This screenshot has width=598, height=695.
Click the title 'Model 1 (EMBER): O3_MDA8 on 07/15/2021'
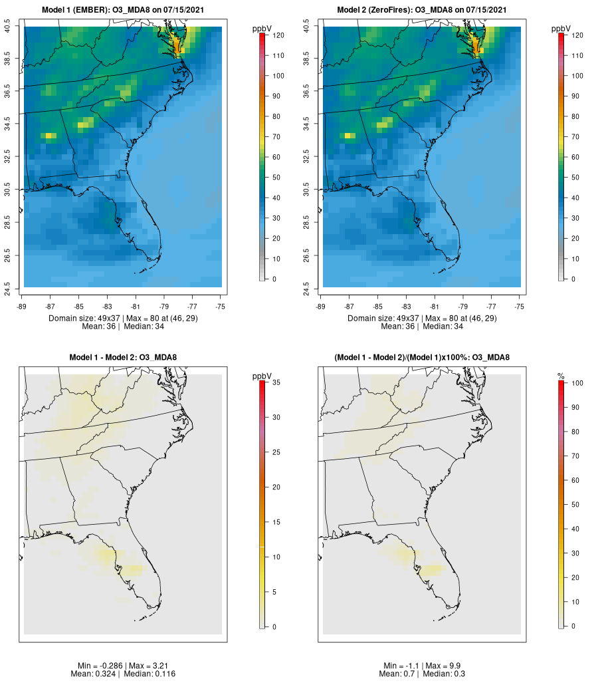coord(123,9)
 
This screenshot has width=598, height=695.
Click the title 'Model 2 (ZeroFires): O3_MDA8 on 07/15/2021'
coord(422,9)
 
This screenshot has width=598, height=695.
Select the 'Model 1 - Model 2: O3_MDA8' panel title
coord(123,358)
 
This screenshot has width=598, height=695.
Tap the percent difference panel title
coord(422,358)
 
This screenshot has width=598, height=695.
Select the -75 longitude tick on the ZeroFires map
coord(520,307)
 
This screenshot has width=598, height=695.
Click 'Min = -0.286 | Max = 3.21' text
coord(123,666)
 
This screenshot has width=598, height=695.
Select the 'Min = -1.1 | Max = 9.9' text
coord(422,666)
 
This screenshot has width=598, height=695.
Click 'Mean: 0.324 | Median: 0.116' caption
coord(123,674)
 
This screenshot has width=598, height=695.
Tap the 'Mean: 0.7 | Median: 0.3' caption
coord(422,674)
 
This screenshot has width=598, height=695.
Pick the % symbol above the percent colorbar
coord(561,376)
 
